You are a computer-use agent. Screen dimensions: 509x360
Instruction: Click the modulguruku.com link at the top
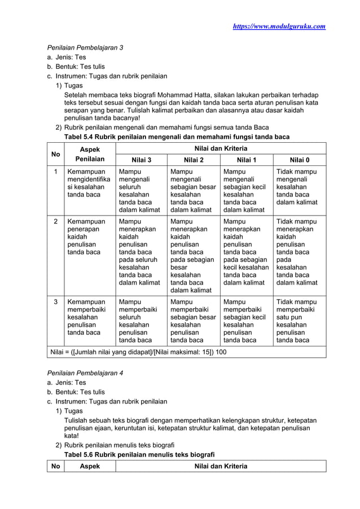279,27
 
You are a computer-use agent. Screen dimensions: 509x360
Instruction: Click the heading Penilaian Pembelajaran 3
85,47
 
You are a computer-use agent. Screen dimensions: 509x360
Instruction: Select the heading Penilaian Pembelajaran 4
85,374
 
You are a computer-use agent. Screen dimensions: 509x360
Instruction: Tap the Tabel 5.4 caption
177,137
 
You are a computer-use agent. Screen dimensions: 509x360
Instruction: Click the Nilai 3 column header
141,160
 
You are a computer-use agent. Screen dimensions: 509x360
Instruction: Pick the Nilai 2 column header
194,160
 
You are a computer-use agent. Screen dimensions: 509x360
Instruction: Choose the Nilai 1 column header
246,160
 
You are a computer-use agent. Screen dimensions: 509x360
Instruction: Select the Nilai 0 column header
299,160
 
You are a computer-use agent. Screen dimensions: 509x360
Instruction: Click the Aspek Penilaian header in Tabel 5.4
89,153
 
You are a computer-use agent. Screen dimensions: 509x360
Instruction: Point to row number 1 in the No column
55,171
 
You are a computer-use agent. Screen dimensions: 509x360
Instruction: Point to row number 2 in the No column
55,222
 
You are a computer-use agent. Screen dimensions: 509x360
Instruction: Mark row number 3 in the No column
55,302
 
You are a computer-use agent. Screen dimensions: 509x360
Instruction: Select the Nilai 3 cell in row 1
141,190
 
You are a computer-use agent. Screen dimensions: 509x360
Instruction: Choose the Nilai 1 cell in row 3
246,321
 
